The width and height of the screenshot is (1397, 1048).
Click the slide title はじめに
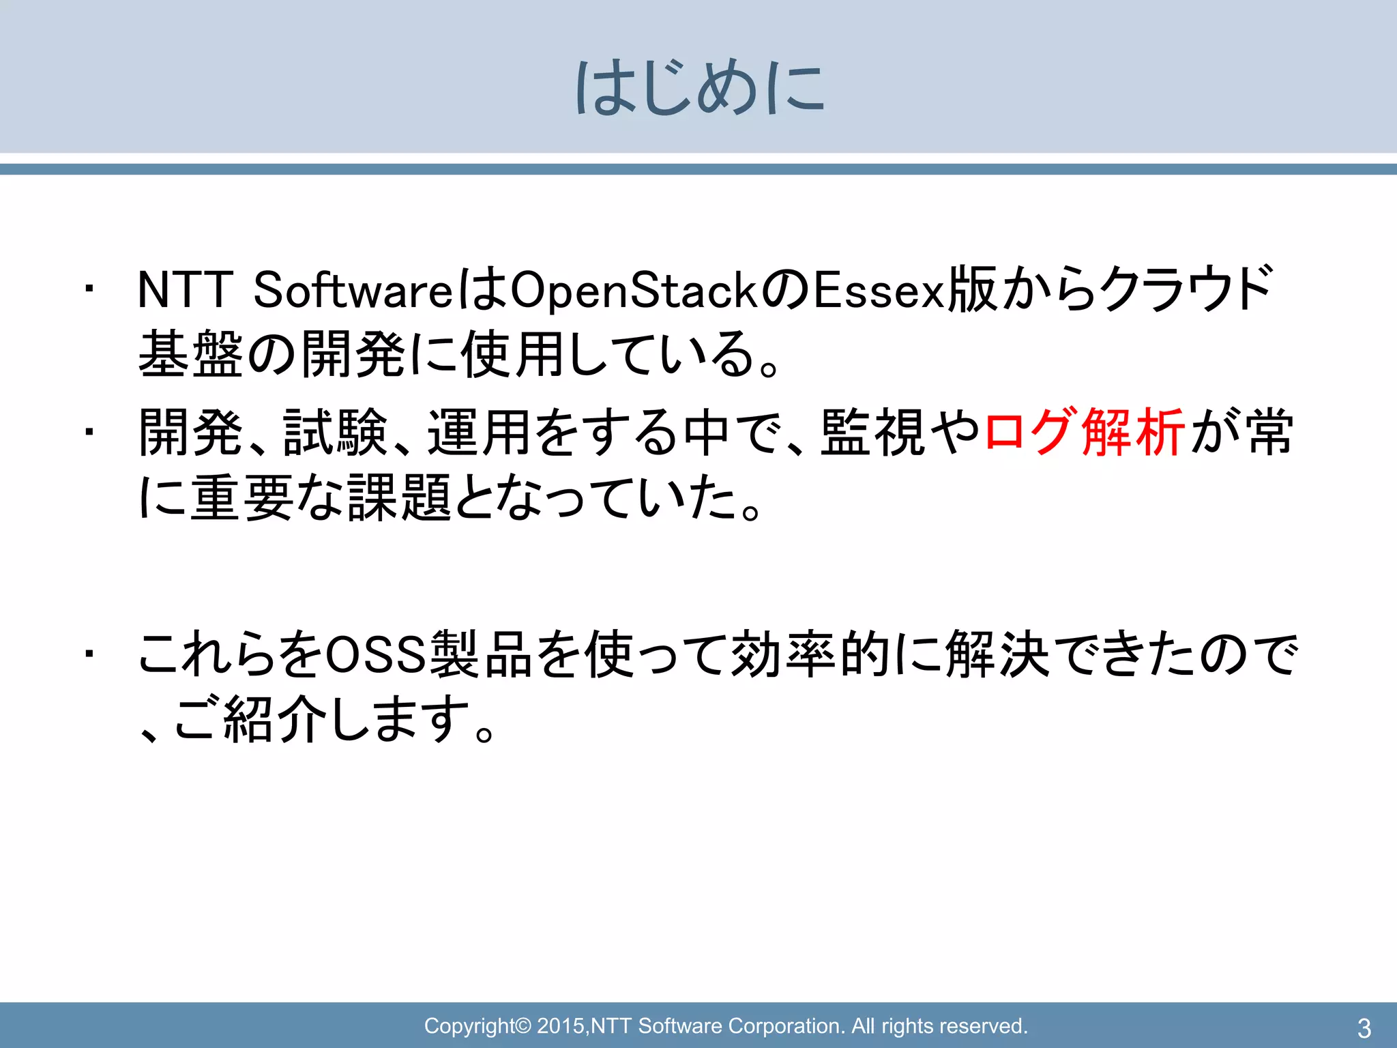tap(700, 88)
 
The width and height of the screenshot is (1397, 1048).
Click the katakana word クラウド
tap(1187, 289)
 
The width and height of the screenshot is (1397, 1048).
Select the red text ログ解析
tap(1084, 433)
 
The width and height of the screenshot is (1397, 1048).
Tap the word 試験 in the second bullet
tap(335, 433)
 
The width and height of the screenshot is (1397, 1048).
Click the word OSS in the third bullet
tap(376, 655)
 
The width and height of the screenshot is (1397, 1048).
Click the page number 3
tap(1364, 1028)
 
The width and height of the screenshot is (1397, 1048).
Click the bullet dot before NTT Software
tap(89, 290)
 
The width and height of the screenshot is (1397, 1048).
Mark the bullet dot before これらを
tap(89, 655)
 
